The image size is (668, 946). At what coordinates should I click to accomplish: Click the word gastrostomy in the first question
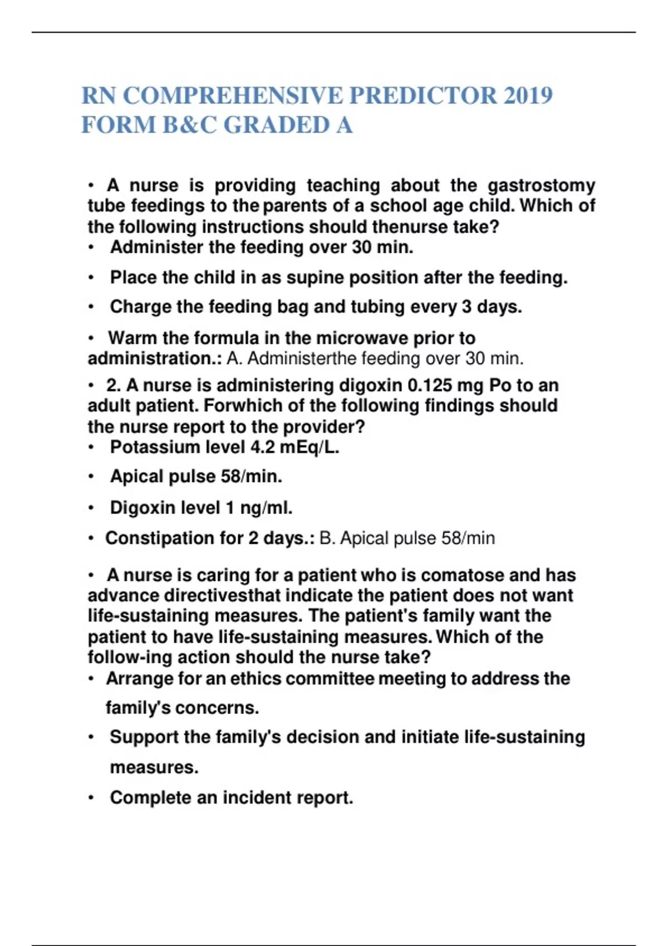541,185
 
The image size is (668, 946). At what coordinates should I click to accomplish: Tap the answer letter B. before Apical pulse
327,538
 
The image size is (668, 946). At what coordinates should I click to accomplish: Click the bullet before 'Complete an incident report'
91,798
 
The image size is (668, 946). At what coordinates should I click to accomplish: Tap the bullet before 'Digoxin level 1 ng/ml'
91,508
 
